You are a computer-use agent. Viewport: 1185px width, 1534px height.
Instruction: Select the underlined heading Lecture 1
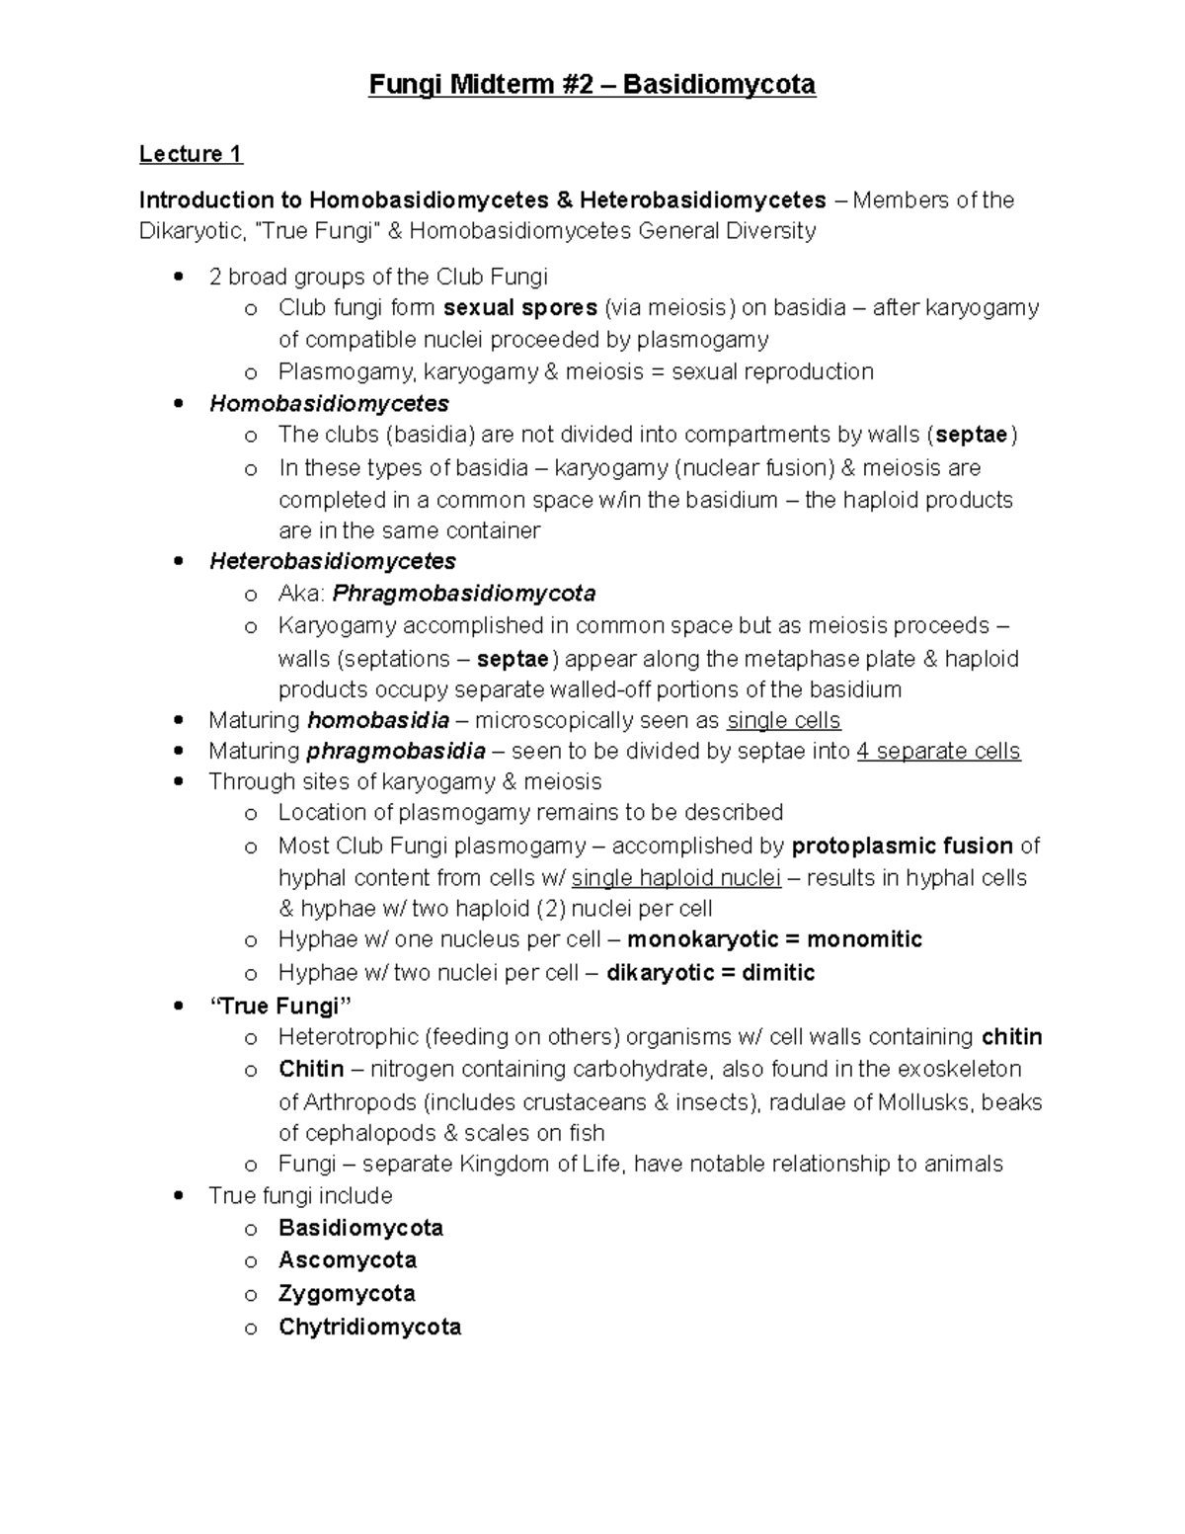pyautogui.click(x=191, y=154)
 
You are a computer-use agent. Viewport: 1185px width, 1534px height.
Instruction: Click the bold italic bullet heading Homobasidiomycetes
pyautogui.click(x=329, y=404)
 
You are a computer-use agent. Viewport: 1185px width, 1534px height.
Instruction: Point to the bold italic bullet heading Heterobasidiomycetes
pyautogui.click(x=333, y=562)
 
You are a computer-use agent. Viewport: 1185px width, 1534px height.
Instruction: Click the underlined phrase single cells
pyautogui.click(x=783, y=721)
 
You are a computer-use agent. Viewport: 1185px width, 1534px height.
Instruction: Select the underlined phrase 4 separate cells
pyautogui.click(x=938, y=752)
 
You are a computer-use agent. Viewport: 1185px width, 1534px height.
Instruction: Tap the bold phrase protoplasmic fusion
pyautogui.click(x=903, y=847)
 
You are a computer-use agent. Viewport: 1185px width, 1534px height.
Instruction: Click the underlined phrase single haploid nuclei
pyautogui.click(x=676, y=878)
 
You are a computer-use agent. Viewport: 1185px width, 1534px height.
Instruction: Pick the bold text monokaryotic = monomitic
pyautogui.click(x=774, y=939)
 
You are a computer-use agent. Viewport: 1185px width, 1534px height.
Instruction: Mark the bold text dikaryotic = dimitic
pyautogui.click(x=710, y=973)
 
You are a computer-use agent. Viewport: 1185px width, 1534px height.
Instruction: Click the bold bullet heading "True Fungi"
pyautogui.click(x=280, y=1007)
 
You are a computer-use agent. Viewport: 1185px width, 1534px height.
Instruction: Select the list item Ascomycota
pyautogui.click(x=348, y=1260)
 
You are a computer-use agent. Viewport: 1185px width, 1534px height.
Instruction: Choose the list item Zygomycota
pyautogui.click(x=347, y=1294)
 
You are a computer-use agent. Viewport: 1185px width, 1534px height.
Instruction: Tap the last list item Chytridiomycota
pyautogui.click(x=369, y=1327)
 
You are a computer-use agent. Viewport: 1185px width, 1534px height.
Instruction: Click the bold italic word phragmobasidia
pyautogui.click(x=396, y=752)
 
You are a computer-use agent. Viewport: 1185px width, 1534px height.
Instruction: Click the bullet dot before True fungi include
pyautogui.click(x=178, y=1195)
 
